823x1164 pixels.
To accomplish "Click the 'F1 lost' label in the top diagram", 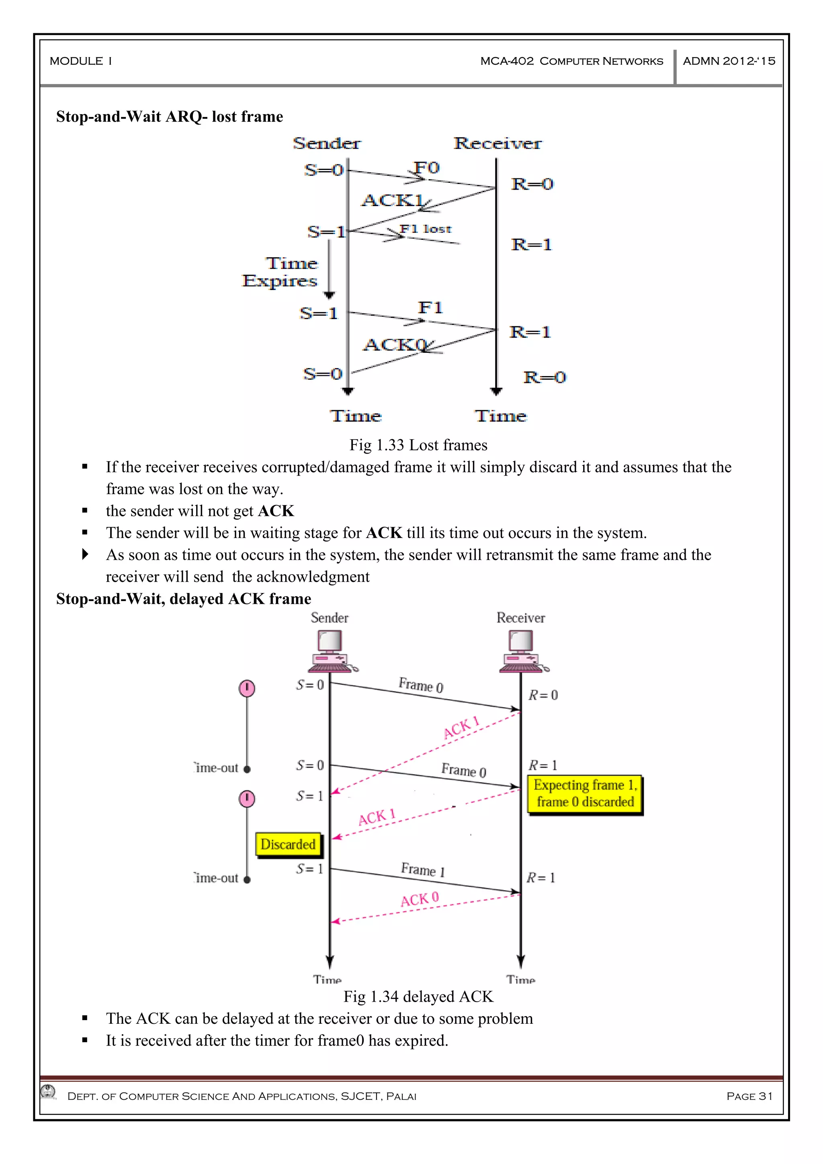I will [425, 229].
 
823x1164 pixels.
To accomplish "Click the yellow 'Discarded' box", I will [288, 844].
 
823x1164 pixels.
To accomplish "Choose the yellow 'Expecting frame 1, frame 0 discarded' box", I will [585, 794].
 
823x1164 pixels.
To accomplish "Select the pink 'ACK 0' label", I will [420, 900].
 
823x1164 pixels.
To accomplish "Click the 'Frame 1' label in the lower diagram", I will [423, 870].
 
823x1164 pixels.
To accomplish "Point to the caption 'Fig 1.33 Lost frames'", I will [418, 445].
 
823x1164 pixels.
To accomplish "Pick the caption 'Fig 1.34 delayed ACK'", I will [418, 997].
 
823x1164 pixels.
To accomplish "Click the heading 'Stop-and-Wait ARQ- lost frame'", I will [169, 117].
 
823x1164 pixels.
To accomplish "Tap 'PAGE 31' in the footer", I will [749, 1096].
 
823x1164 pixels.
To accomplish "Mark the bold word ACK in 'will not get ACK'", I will [276, 511].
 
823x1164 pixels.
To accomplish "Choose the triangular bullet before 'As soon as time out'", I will [85, 554].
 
